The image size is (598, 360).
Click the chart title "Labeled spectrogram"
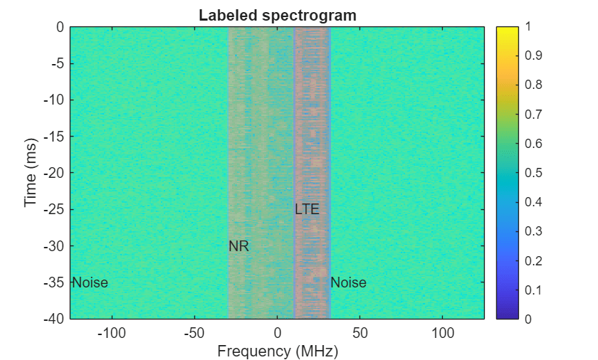277,15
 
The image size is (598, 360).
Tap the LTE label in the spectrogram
307,209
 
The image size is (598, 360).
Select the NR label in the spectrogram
238,246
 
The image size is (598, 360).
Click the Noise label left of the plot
90,282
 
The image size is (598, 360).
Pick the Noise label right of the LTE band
348,282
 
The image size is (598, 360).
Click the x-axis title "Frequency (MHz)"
277,351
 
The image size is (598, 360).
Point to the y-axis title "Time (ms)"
31,173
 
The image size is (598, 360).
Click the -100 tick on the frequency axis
110,333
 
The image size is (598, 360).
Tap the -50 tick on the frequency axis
194,333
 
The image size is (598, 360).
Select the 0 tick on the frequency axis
277,333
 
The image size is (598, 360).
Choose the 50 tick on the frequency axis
360,333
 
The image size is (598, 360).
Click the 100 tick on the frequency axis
443,333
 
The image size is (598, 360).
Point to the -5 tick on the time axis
58,63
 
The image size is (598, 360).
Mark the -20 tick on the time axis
54,173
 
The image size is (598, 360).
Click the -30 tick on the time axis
54,246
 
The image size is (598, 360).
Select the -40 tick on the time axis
54,319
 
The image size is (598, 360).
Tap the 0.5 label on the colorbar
532,173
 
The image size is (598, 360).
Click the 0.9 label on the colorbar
532,55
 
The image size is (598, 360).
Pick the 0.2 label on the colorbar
532,260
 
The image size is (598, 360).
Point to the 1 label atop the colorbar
528,26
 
